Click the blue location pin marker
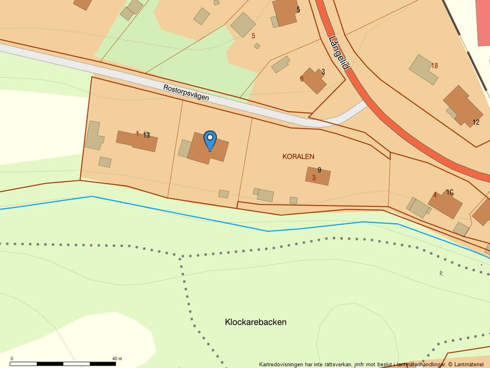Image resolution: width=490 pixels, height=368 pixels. [x=210, y=140]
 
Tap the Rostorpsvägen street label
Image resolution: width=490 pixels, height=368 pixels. [x=186, y=92]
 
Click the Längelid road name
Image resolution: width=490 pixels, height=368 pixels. [x=338, y=53]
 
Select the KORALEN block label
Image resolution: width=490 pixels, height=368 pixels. [x=298, y=156]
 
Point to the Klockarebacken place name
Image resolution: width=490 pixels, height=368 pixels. [x=255, y=322]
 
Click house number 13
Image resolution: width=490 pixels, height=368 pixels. [x=147, y=135]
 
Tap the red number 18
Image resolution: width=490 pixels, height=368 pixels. [x=435, y=65]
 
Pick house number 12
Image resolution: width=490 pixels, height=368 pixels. [x=476, y=122]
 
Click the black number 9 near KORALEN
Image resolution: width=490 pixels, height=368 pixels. [x=320, y=170]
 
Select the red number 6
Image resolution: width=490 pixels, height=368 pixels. [x=302, y=78]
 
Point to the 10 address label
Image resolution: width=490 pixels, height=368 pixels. [x=450, y=192]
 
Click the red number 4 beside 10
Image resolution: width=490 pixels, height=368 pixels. [x=435, y=195]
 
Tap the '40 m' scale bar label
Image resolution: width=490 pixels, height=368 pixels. [x=117, y=358]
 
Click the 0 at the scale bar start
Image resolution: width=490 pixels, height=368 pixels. [x=12, y=358]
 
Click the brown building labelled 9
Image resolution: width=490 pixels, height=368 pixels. [x=318, y=176]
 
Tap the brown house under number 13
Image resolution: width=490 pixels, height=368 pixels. [x=137, y=141]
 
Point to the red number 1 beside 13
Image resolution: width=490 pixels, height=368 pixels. [x=137, y=134]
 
